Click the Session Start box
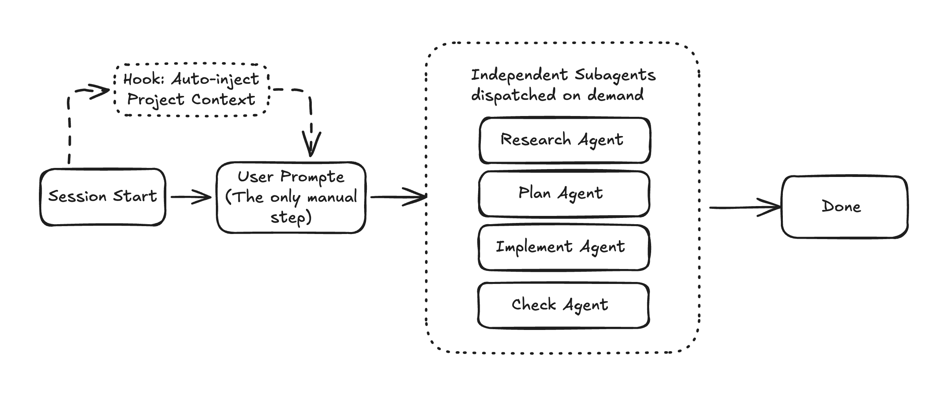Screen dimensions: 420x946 tap(103, 197)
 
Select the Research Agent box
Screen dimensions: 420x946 tap(564, 140)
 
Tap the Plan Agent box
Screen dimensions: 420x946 tap(563, 193)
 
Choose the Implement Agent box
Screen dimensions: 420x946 tap(563, 247)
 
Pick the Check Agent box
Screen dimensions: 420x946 tap(563, 305)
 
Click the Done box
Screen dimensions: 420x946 tap(844, 207)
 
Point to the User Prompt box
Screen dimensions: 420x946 tap(291, 197)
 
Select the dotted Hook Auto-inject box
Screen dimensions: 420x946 tap(191, 90)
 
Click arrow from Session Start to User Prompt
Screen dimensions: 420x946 tap(191, 197)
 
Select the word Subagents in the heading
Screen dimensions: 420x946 tap(615, 75)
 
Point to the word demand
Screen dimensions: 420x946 tap(615, 95)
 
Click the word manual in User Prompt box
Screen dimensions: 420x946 tap(332, 197)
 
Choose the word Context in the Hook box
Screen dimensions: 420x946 tap(223, 99)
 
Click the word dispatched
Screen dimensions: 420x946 tap(513, 95)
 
